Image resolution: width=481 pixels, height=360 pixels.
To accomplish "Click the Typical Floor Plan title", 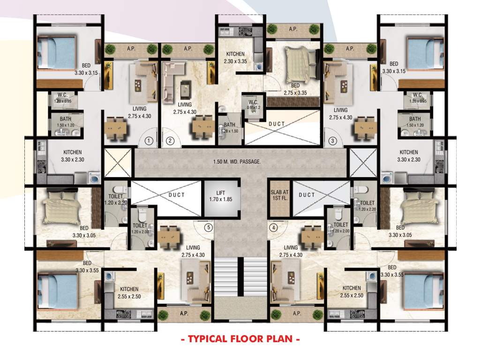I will point(240,338).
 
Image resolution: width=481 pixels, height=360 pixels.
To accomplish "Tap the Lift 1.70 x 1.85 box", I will point(220,195).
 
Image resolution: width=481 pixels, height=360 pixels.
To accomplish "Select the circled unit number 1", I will point(149,140).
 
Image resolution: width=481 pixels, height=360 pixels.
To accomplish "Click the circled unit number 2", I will point(170,140).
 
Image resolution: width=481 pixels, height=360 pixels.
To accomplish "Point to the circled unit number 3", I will point(332,140).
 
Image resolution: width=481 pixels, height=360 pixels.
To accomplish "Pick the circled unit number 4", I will point(274,228).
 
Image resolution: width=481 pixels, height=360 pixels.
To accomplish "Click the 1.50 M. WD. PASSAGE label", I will point(240,162).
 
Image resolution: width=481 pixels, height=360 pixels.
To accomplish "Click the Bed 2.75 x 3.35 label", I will point(294,90).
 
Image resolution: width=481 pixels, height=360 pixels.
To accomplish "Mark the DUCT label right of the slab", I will point(307,195).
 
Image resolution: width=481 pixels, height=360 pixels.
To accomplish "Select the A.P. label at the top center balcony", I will point(293,29).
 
